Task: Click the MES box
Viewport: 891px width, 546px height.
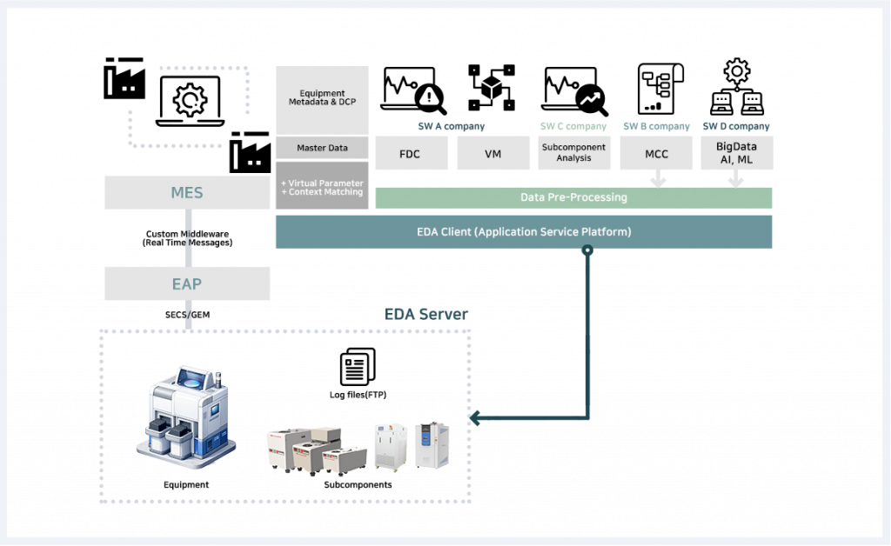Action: coord(187,192)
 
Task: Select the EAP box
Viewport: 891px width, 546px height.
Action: coord(187,283)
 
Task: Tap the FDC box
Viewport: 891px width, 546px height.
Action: coord(411,153)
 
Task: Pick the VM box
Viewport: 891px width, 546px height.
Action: coord(493,153)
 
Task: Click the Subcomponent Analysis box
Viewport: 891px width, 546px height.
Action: coord(573,153)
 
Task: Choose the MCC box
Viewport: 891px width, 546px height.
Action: coord(657,153)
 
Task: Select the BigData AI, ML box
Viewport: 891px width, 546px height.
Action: coord(736,152)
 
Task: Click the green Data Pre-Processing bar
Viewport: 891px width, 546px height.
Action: coord(573,197)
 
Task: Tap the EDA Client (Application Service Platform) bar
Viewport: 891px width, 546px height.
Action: coord(523,232)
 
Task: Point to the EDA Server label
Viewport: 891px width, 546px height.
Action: coord(426,314)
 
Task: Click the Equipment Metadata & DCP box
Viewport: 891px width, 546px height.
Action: coord(322,100)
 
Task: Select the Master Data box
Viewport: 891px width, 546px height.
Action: coord(322,148)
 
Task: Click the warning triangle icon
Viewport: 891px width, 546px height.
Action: coord(429,97)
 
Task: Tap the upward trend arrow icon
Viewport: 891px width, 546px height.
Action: coord(590,99)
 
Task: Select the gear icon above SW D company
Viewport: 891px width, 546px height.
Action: coord(737,71)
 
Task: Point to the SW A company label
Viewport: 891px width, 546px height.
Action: coord(452,126)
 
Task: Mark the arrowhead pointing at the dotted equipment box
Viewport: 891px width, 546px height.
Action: coord(476,419)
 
